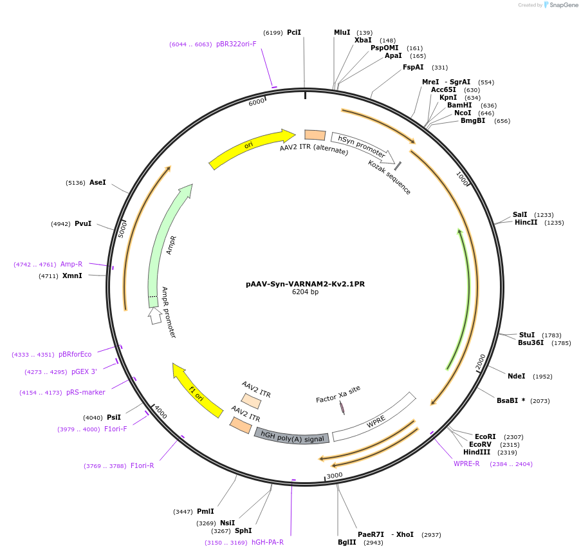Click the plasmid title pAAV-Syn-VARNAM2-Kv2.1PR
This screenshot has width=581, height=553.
click(x=305, y=283)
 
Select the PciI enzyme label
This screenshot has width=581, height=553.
click(x=294, y=32)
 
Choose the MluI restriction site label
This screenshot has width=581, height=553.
click(x=342, y=32)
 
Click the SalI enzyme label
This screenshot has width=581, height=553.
click(x=520, y=214)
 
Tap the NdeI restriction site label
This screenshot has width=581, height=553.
click(x=517, y=376)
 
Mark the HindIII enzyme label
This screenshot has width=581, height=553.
click(x=477, y=452)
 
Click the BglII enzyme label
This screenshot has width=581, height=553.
click(x=347, y=542)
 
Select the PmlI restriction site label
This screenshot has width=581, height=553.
click(x=205, y=511)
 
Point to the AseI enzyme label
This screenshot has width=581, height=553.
click(x=98, y=182)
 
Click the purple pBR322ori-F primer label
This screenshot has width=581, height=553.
click(x=236, y=44)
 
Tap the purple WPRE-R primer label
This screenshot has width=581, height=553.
click(x=466, y=464)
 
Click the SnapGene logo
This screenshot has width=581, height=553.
click(x=558, y=5)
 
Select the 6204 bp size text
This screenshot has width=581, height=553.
click(x=305, y=292)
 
